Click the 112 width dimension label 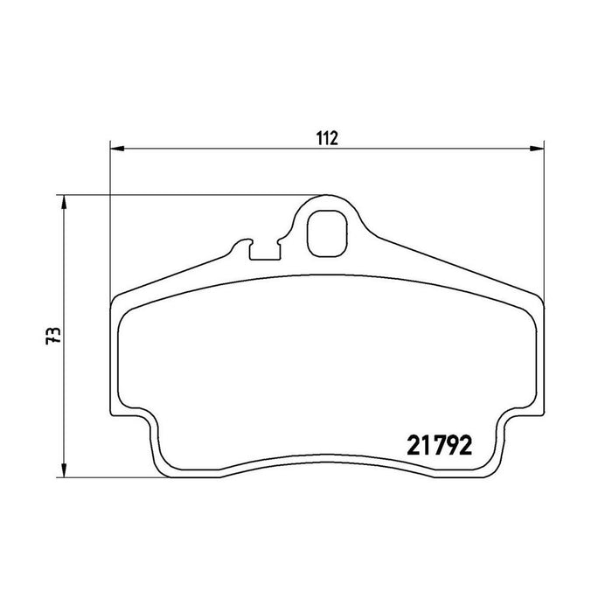[327, 138]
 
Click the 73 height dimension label [53, 335]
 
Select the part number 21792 [440, 445]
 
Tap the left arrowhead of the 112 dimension [117, 149]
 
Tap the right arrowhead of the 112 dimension [537, 149]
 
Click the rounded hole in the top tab [328, 233]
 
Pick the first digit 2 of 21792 [414, 445]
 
